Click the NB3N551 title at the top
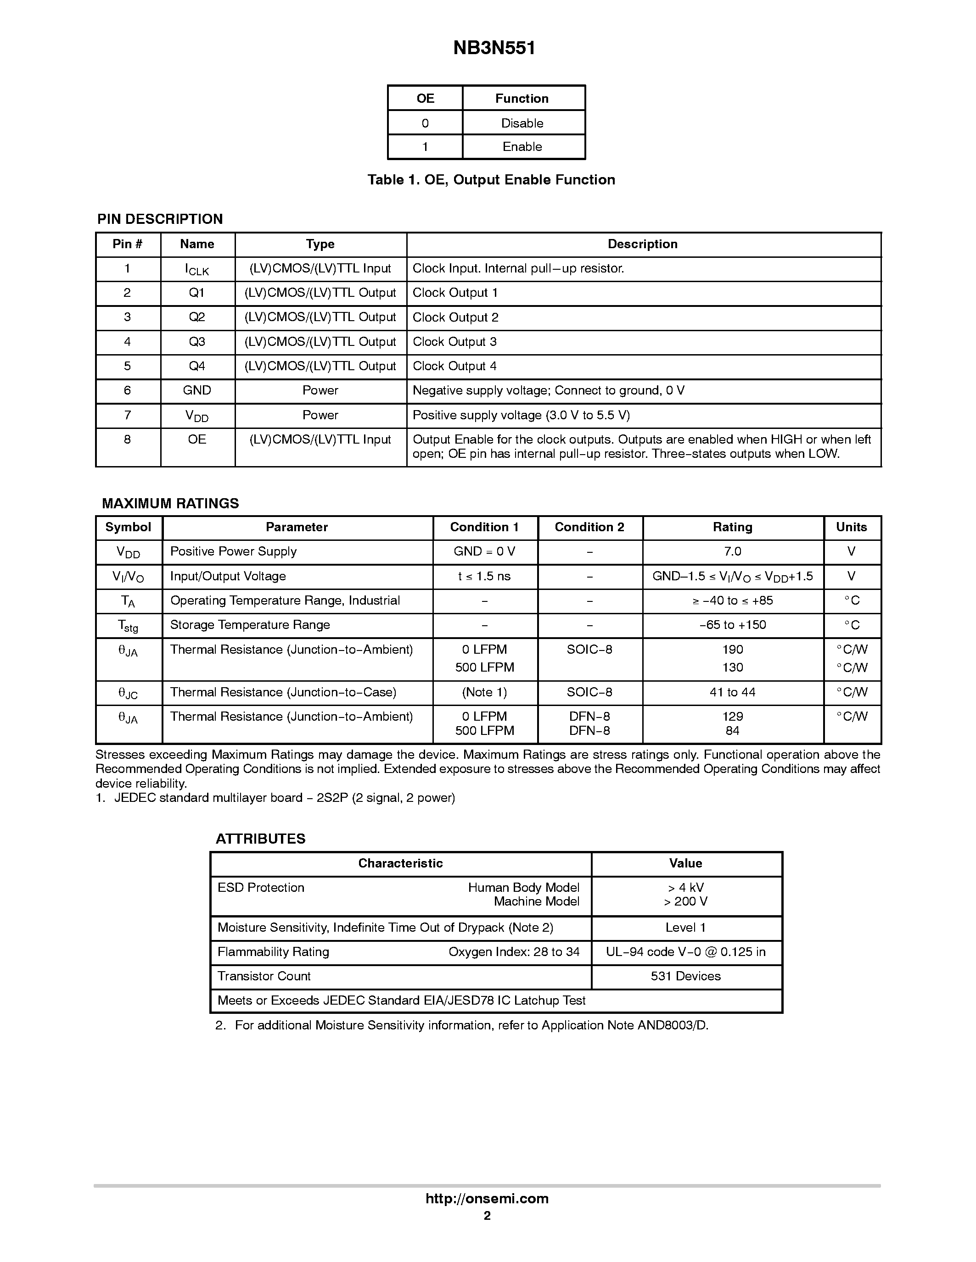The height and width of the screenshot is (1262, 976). [x=494, y=48]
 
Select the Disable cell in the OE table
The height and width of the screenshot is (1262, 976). [x=522, y=123]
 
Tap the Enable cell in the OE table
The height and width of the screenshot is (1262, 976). [x=522, y=147]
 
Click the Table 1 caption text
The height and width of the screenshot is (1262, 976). [x=491, y=180]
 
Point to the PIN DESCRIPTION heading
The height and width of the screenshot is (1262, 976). [x=160, y=219]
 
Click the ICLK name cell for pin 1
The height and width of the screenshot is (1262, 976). [x=196, y=269]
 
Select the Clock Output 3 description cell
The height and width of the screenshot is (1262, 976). [x=454, y=341]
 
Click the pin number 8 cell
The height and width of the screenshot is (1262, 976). [x=127, y=439]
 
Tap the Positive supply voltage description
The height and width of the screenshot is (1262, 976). [x=521, y=415]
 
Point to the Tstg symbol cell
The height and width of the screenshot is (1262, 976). [x=128, y=625]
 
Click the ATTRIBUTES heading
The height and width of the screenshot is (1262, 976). [x=260, y=839]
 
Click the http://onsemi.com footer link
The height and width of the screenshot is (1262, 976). [x=487, y=1198]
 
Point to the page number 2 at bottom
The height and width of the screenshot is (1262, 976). [x=487, y=1215]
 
